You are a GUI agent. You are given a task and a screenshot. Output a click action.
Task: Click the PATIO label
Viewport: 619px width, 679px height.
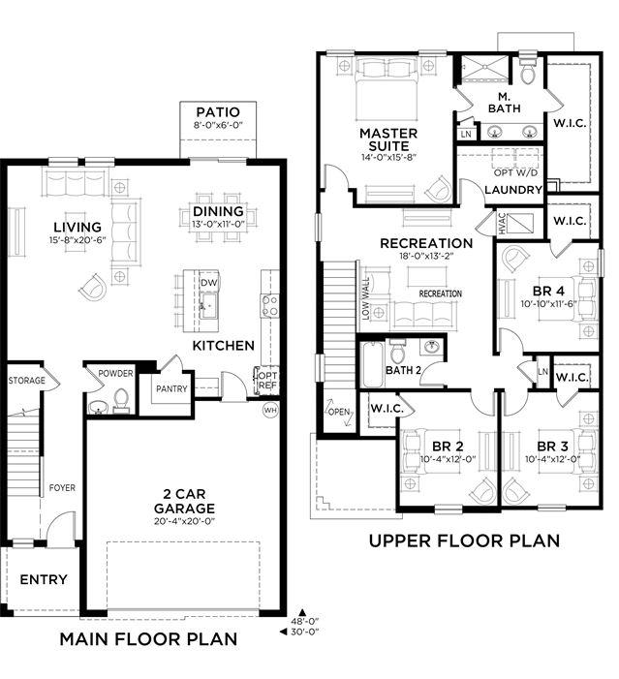tap(218, 111)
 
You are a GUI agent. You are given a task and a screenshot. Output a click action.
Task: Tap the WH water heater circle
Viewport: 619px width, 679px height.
tap(270, 410)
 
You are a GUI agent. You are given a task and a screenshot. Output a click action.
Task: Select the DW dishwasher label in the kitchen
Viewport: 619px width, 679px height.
tap(209, 283)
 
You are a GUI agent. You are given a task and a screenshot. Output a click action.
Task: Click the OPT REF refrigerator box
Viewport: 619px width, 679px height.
tap(267, 380)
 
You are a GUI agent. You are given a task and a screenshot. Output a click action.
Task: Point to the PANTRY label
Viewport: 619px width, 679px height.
tap(171, 388)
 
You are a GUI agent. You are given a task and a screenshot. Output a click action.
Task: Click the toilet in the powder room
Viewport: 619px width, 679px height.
tap(121, 400)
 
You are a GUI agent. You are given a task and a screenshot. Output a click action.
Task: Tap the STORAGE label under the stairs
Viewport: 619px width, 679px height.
tap(26, 381)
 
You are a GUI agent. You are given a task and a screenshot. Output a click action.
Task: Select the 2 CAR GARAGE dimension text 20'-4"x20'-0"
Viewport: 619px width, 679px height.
tap(184, 521)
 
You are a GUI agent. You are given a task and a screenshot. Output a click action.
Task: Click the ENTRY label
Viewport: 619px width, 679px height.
tap(44, 579)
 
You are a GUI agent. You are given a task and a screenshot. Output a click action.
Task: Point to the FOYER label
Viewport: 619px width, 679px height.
tap(62, 487)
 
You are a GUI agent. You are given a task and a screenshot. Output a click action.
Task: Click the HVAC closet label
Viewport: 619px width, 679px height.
tap(502, 223)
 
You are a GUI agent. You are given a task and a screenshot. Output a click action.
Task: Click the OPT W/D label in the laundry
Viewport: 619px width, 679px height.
tap(515, 172)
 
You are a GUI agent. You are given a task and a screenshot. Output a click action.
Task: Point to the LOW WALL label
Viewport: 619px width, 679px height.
tap(366, 298)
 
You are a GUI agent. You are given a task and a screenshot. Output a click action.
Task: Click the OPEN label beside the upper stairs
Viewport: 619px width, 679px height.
tap(339, 412)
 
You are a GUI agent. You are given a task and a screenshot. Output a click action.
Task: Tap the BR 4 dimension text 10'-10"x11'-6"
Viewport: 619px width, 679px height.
tap(549, 304)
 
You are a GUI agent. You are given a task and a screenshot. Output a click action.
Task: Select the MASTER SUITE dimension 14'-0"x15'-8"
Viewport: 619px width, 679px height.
tap(389, 157)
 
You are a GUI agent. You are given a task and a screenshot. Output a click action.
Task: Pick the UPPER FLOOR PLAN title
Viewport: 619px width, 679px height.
tap(464, 540)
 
